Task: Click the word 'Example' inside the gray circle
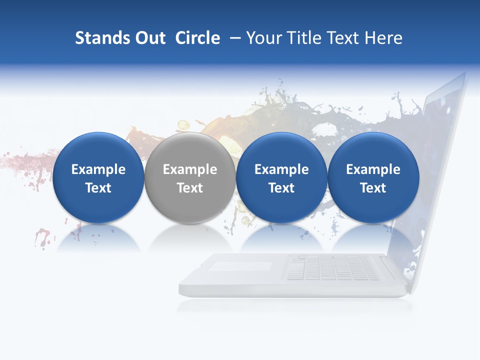190,169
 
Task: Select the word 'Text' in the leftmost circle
98,188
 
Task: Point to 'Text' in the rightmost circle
373,188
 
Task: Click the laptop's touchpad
240,266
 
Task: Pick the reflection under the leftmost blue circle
98,237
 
